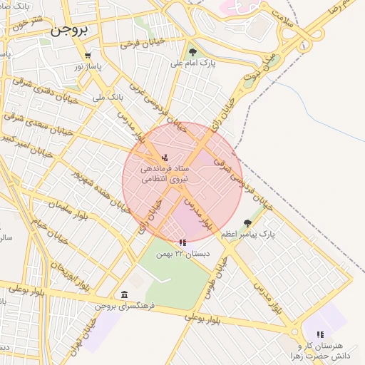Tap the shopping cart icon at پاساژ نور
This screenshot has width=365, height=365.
pos(88,56)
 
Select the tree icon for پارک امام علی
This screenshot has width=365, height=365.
pos(192,51)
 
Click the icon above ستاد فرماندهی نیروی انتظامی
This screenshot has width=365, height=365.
pos(165,157)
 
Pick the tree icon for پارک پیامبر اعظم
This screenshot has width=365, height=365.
pos(247,223)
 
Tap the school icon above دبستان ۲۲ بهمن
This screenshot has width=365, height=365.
pos(183,243)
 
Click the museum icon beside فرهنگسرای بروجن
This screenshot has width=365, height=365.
pos(125,295)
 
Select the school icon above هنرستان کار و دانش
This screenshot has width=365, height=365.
pos(320,334)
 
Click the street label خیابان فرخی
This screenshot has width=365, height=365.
pos(143,43)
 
